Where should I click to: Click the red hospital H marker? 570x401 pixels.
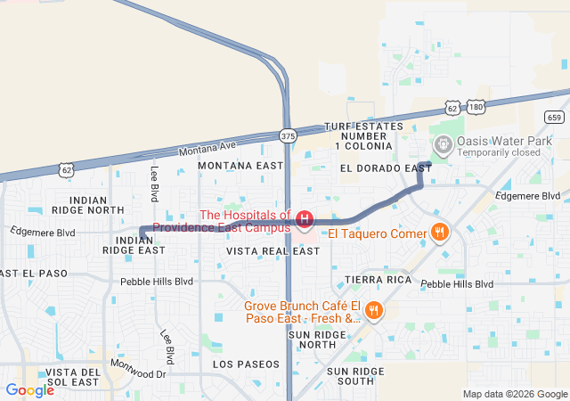(305, 218)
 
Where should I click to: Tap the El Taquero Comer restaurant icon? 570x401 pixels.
(439, 233)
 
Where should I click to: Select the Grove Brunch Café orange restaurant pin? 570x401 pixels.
(374, 311)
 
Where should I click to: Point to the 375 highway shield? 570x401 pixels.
(287, 136)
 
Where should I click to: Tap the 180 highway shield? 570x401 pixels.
(476, 107)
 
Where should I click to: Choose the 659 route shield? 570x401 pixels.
(554, 117)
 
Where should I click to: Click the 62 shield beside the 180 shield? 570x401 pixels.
(452, 108)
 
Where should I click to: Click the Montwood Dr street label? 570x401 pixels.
(138, 367)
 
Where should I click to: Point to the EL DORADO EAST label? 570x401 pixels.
(386, 168)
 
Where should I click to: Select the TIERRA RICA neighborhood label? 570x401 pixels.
(379, 280)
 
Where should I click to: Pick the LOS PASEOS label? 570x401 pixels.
(246, 364)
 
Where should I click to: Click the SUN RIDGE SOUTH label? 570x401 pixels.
(362, 375)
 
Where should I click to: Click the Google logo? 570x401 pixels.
(29, 389)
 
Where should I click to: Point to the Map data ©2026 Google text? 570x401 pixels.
(515, 394)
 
